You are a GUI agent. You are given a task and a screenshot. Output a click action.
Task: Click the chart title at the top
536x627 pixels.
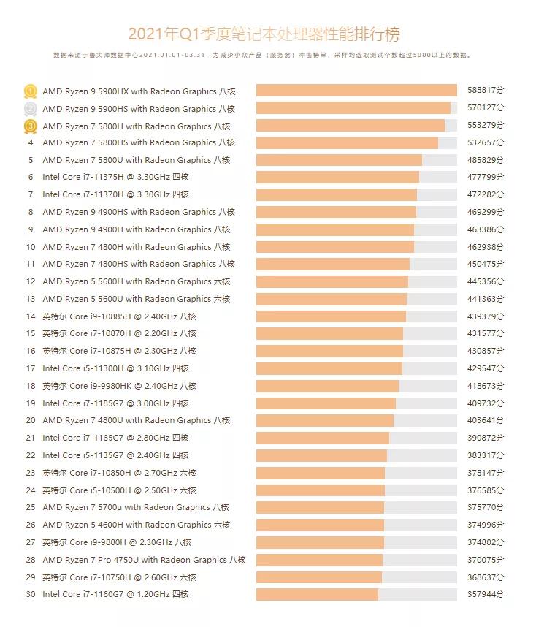264,34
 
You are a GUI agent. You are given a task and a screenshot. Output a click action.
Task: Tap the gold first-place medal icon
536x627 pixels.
31,91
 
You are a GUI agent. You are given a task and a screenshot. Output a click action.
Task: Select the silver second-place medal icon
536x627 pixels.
31,109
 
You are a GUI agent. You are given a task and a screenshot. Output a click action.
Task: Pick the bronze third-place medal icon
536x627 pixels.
31,126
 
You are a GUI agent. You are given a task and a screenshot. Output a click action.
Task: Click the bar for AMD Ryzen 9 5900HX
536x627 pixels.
356,91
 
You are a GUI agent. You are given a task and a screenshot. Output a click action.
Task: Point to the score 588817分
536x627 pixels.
486,91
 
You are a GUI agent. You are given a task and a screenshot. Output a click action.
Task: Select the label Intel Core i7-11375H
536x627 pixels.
115,178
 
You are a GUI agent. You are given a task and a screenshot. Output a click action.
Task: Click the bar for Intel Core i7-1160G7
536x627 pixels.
317,595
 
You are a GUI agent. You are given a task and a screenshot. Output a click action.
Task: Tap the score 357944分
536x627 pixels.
486,595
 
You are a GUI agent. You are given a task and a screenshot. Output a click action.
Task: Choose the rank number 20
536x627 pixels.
31,421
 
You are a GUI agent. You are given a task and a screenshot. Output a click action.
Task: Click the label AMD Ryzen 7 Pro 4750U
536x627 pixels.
144,560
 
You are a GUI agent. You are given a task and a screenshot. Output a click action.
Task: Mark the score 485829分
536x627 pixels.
486,160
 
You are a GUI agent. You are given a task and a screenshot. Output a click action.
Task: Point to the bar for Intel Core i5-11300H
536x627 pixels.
329,369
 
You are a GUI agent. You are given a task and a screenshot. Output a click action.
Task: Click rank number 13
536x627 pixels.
31,299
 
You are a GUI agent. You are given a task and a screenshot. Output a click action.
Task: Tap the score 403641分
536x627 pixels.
486,421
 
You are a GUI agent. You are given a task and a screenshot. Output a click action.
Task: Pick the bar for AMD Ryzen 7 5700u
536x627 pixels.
320,508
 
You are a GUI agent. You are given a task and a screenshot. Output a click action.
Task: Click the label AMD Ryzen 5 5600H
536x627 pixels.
136,281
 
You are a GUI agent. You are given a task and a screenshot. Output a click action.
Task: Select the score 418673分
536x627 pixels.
486,386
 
